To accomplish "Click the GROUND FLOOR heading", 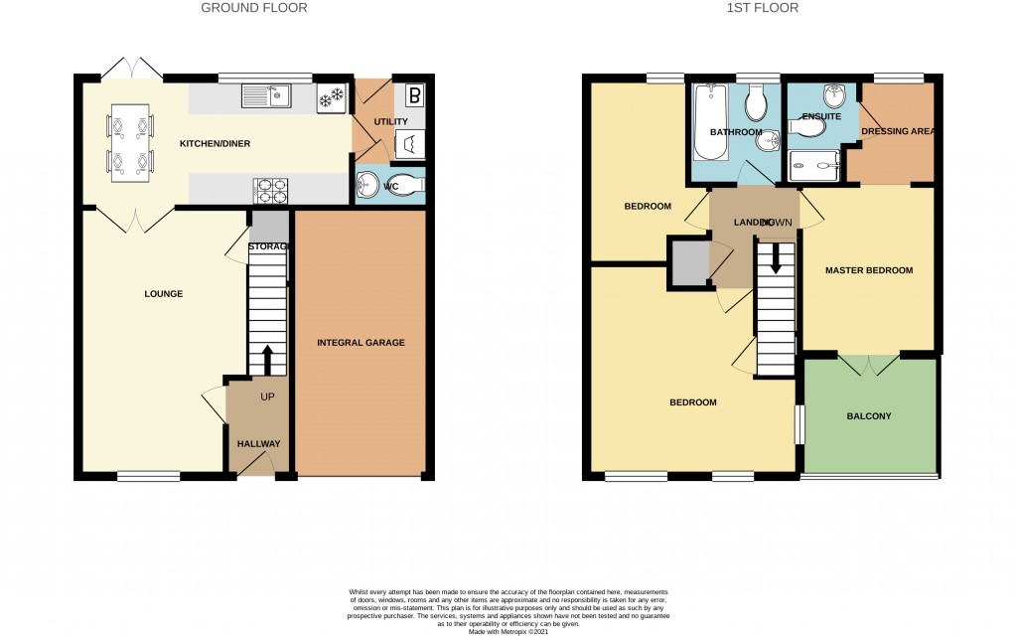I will click(253, 8).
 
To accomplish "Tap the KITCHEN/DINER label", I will click(215, 144).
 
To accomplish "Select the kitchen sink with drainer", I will click(265, 96).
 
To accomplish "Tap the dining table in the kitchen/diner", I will click(130, 142).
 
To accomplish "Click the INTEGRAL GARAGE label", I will click(361, 343).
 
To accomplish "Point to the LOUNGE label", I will click(164, 294).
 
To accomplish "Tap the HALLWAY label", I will click(258, 444).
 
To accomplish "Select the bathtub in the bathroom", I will click(710, 123).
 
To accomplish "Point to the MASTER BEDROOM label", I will click(868, 270).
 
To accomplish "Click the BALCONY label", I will click(870, 416).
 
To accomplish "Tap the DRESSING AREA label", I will click(899, 131).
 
